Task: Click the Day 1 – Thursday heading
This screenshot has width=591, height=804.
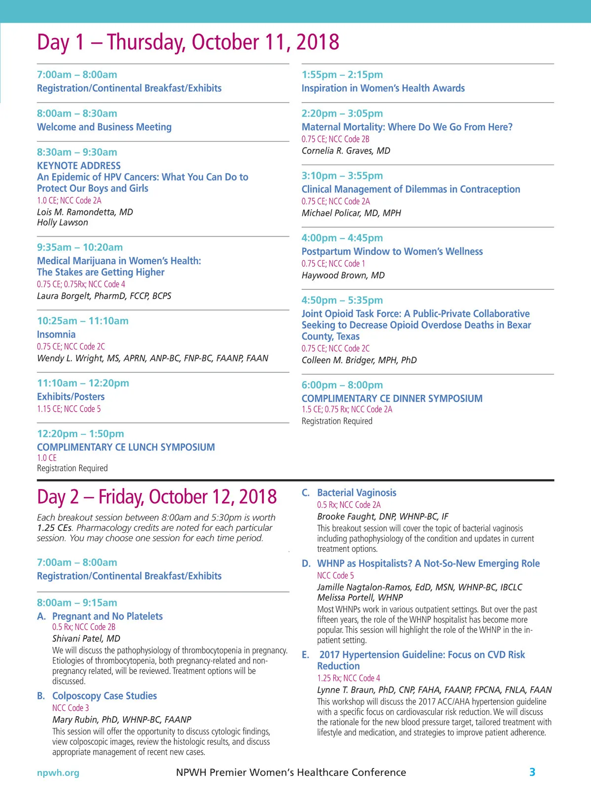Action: pos(188,42)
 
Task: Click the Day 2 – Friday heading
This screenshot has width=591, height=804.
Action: pos(157,497)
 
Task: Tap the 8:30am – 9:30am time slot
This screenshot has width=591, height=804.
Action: pos(77,152)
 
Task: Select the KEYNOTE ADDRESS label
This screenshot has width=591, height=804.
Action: pos(79,166)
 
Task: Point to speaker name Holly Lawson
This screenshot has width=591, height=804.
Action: pos(63,223)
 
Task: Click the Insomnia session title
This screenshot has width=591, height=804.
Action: pos(56,334)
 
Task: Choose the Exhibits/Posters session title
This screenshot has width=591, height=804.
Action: pos(71,397)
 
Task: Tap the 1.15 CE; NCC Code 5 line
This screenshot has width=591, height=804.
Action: pos(69,409)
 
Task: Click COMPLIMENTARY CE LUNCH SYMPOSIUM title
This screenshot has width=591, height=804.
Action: pos(126,447)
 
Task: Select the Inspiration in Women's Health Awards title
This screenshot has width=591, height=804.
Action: pos(383,88)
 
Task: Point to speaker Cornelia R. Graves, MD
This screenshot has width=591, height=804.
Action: pos(346,151)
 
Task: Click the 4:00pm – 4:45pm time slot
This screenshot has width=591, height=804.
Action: pos(342,238)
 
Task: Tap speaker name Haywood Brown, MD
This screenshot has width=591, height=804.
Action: pos(343,276)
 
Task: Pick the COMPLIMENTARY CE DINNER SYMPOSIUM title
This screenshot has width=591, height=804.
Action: pos(392,398)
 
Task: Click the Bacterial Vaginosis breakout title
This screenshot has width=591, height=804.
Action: pos(357,493)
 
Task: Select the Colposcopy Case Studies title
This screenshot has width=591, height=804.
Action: pos(104,696)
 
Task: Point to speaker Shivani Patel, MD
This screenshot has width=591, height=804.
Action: pos(86,639)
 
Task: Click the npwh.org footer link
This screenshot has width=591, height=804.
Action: pos(58,772)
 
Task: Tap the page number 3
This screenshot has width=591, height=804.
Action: pos(532,772)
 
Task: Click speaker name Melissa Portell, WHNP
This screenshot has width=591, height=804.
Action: pos(360,597)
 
